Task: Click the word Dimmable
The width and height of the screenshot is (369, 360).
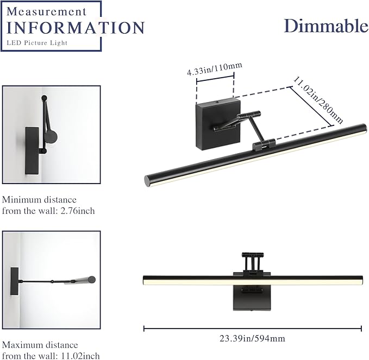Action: pos(326,26)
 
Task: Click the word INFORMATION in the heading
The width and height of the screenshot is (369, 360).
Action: pos(76,28)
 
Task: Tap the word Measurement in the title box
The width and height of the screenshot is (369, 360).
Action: pos(47,11)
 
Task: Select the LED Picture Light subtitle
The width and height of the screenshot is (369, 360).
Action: pos(37,43)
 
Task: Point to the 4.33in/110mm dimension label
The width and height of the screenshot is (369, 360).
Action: pos(215,69)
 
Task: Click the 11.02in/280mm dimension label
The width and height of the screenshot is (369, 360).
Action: pos(318,100)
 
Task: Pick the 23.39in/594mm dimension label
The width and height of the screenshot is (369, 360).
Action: pos(252,339)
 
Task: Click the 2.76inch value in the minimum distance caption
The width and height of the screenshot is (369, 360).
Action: pos(78,211)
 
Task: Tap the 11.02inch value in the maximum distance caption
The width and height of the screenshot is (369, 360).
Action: pos(80,356)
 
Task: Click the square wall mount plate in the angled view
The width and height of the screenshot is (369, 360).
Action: pos(218,124)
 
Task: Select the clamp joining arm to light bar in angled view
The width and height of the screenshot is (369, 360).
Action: pos(264,144)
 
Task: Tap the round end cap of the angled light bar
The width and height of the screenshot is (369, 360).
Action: pos(147,181)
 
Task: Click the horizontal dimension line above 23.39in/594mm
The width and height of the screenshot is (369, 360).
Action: pos(253,329)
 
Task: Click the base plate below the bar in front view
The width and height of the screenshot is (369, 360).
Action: pos(252,298)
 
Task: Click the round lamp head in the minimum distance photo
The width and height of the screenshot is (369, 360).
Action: pos(51,136)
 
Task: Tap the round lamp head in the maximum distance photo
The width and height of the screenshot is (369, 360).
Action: pos(91,280)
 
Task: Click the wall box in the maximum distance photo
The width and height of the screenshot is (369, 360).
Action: pos(14,281)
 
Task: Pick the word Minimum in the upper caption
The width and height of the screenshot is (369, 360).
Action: pos(21,200)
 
